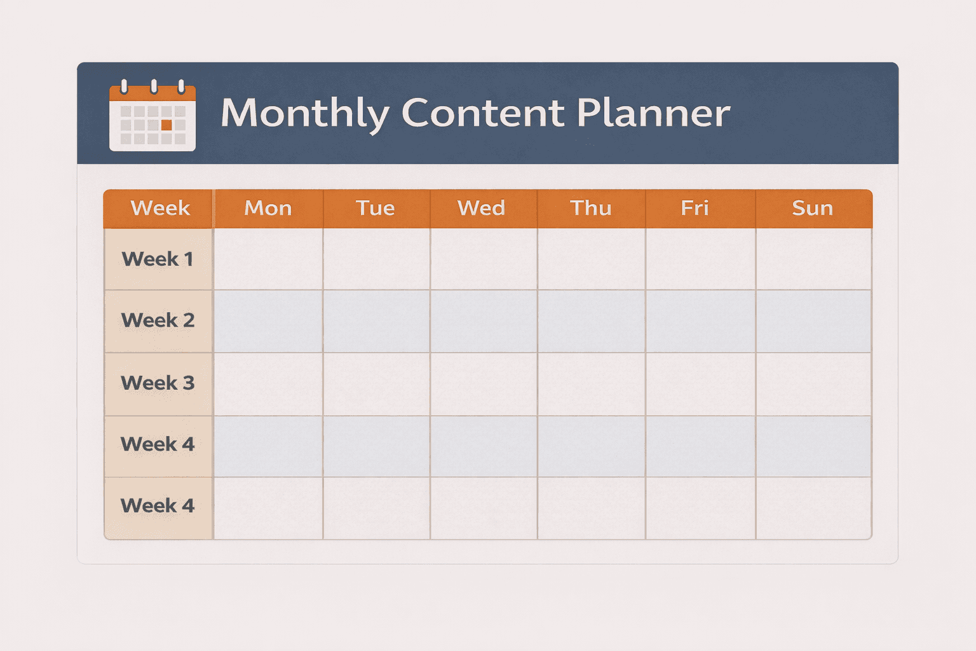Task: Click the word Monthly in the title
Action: point(305,113)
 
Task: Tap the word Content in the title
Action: point(483,113)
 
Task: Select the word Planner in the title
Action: point(654,113)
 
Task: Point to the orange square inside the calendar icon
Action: point(166,125)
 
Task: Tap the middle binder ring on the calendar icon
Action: point(153,86)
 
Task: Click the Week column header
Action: point(160,208)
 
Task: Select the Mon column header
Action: point(268,208)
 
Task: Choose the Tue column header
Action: point(376,208)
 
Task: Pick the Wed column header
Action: point(482,208)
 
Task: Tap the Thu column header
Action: point(591,208)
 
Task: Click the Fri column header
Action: point(695,208)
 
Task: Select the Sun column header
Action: point(813,208)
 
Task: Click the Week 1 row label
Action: point(158,259)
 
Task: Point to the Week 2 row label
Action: point(158,320)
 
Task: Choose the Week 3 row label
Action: point(158,383)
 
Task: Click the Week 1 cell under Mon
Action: point(268,259)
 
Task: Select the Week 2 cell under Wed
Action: point(484,321)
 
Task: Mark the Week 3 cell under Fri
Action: point(700,384)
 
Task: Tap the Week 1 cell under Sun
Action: point(813,259)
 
